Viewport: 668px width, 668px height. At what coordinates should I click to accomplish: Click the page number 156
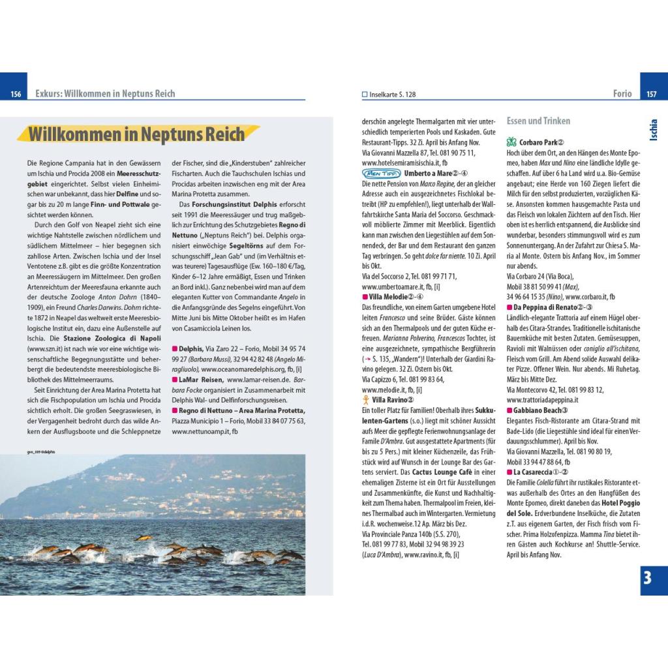tap(16, 94)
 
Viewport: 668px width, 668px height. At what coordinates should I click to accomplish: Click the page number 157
tap(651, 94)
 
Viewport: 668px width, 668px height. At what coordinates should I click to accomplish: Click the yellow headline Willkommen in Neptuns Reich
tap(137, 134)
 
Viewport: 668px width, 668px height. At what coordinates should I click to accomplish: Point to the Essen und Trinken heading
tap(538, 121)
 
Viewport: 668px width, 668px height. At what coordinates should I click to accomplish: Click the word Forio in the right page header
tap(622, 94)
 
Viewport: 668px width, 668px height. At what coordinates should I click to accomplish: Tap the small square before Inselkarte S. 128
tap(365, 95)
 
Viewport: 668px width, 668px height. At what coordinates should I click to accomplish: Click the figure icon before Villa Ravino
tap(365, 399)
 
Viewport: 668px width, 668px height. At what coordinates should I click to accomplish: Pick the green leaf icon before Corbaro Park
tap(511, 142)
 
